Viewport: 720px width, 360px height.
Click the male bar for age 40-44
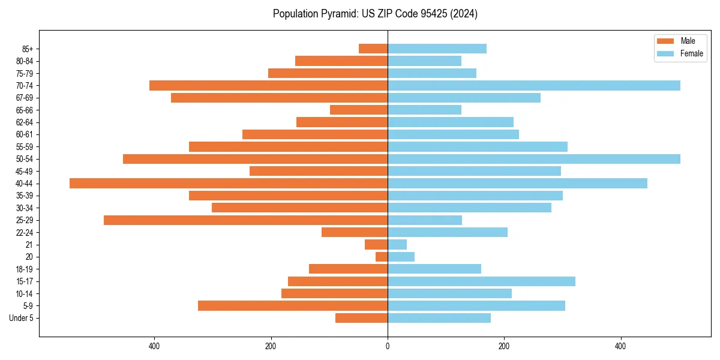click(229, 184)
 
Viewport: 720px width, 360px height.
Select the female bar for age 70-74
click(534, 86)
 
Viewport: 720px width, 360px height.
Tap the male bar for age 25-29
click(245, 220)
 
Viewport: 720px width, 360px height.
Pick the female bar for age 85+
click(437, 49)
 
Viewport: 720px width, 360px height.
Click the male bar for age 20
click(382, 257)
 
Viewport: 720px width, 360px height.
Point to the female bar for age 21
click(397, 245)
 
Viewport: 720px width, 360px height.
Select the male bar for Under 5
click(361, 318)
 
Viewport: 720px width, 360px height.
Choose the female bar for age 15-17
click(481, 281)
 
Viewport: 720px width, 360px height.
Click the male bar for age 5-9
click(293, 306)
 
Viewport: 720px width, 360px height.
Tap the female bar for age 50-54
click(534, 159)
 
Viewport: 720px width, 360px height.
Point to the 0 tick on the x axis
click(388, 346)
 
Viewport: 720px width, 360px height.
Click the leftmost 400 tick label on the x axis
click(154, 346)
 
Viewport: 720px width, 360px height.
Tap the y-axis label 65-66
click(25, 110)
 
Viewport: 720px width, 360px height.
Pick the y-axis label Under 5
click(22, 318)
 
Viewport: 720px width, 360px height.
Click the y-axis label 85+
click(28, 49)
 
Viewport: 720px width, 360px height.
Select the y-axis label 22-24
click(25, 233)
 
